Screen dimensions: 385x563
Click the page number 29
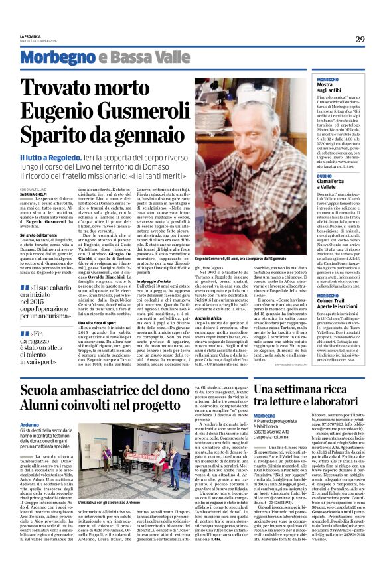360,39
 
